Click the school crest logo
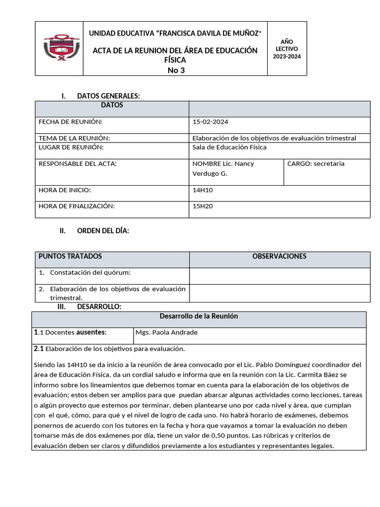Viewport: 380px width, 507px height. (x=61, y=48)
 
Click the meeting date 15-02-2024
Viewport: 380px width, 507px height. (x=210, y=122)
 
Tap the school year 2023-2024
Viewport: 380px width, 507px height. (x=286, y=56)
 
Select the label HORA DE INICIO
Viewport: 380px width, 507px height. (x=65, y=190)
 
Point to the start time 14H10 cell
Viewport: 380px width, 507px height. (x=202, y=190)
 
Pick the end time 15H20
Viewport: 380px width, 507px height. (x=202, y=206)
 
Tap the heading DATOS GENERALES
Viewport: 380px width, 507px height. (x=108, y=96)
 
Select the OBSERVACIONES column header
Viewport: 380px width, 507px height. (x=279, y=256)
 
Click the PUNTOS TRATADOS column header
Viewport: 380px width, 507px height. (x=70, y=256)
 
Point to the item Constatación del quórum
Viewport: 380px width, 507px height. (x=90, y=273)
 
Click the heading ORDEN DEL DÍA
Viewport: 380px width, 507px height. (x=103, y=231)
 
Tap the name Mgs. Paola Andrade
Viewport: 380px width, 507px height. (x=166, y=332)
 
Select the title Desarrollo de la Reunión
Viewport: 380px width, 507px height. (x=199, y=316)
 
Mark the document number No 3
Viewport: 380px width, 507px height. (x=176, y=70)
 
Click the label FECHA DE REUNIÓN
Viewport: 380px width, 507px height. (x=71, y=122)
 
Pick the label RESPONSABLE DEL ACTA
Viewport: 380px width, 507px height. (x=78, y=164)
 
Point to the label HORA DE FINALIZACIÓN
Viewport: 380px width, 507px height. (x=77, y=206)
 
